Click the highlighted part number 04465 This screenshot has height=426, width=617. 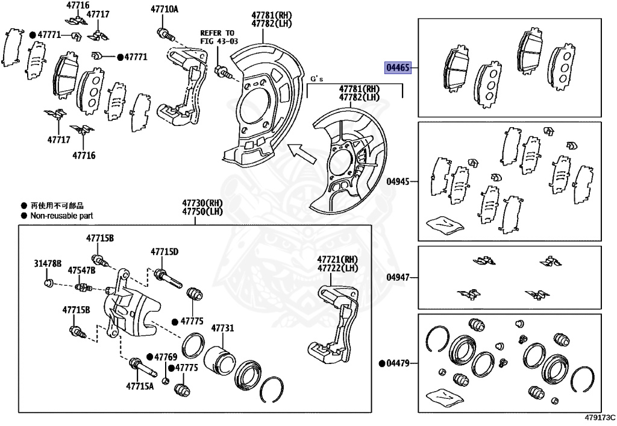point(398,67)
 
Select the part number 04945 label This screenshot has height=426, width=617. point(398,181)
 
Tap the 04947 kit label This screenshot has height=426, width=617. point(398,278)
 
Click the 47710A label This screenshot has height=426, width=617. point(164,9)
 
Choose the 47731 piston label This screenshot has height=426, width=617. point(222,328)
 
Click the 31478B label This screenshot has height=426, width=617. point(48,264)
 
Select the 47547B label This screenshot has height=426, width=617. point(81,270)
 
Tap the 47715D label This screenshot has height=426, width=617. point(164,251)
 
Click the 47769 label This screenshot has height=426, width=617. point(165,357)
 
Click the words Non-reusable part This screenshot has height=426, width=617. point(62,215)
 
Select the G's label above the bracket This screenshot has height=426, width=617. point(317,79)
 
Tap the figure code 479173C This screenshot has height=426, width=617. point(600,417)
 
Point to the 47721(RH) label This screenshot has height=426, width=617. point(337,259)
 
